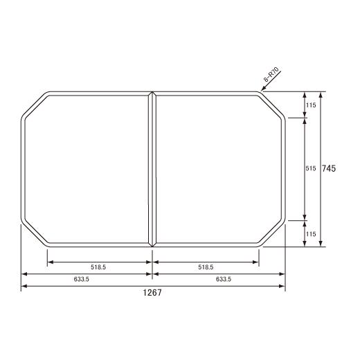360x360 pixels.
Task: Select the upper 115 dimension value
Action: (311, 105)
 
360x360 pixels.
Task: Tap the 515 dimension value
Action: (311, 169)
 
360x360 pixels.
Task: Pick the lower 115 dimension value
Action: (311, 234)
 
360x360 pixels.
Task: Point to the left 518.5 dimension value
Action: (99, 267)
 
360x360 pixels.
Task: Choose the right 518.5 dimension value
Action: (205, 267)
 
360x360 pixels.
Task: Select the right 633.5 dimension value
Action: (224, 279)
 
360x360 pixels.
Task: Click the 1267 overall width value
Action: (152, 294)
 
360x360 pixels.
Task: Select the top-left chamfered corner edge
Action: (34, 105)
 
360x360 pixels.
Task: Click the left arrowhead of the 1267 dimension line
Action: (23, 286)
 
